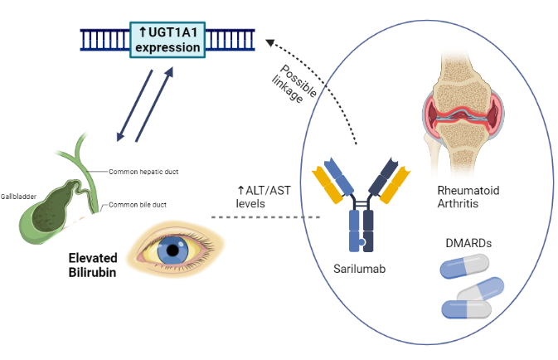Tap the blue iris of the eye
click(173, 247)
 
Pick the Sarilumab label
click(358, 269)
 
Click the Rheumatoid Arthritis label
click(468, 197)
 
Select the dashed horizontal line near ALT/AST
click(265, 217)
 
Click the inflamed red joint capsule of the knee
click(467, 117)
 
